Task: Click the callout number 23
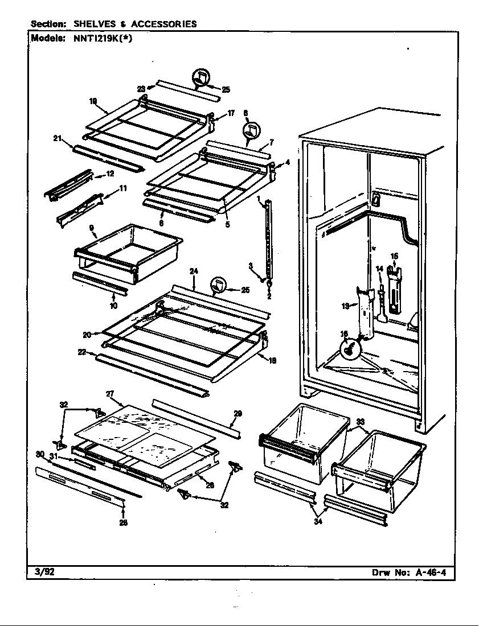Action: click(x=141, y=88)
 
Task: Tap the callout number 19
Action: click(x=93, y=101)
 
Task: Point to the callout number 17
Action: click(x=231, y=113)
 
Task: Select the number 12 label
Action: click(x=110, y=174)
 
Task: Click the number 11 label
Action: click(x=123, y=188)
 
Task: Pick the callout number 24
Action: click(x=194, y=271)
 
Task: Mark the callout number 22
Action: click(x=82, y=352)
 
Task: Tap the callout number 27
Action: click(x=110, y=394)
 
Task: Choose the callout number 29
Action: click(x=238, y=413)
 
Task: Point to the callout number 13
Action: click(x=345, y=306)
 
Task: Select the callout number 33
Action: click(x=360, y=422)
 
